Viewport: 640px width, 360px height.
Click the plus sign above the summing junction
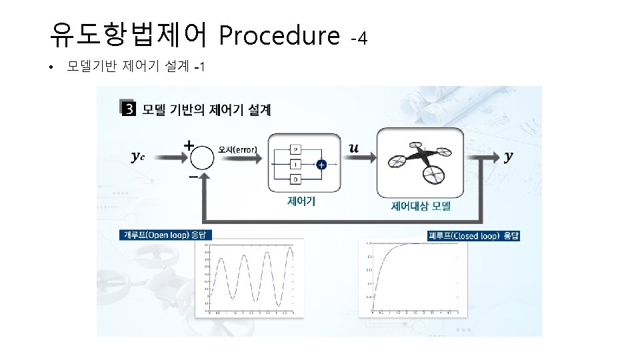click(189, 143)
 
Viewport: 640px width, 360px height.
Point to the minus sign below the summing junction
click(193, 177)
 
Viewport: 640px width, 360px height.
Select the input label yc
click(139, 157)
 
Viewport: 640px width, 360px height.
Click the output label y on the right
click(509, 156)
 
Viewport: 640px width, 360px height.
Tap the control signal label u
click(354, 148)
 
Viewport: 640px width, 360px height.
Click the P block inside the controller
click(295, 150)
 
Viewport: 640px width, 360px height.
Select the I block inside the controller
click(295, 164)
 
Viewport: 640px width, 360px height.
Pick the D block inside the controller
click(295, 179)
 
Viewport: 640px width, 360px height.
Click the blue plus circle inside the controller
click(321, 164)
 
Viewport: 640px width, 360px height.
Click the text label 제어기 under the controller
click(301, 201)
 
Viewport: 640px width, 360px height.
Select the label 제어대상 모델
click(421, 206)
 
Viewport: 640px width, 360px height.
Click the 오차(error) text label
click(238, 149)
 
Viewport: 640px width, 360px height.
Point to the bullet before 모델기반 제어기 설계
click(51, 67)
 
